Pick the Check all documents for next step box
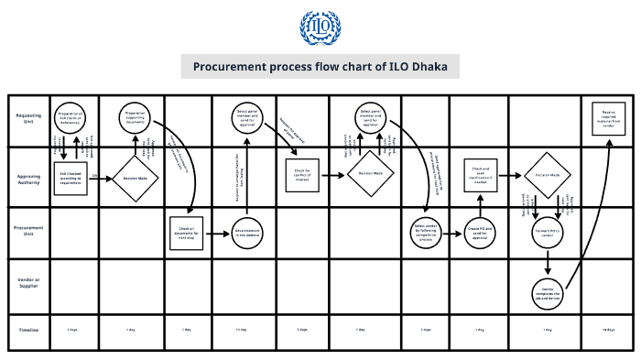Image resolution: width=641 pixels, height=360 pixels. (187, 233)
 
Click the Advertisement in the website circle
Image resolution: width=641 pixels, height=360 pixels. (247, 233)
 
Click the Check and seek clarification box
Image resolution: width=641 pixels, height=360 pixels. (481, 174)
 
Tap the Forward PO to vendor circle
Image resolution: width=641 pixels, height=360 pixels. (548, 233)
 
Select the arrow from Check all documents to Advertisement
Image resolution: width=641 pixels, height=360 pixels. (218, 233)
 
